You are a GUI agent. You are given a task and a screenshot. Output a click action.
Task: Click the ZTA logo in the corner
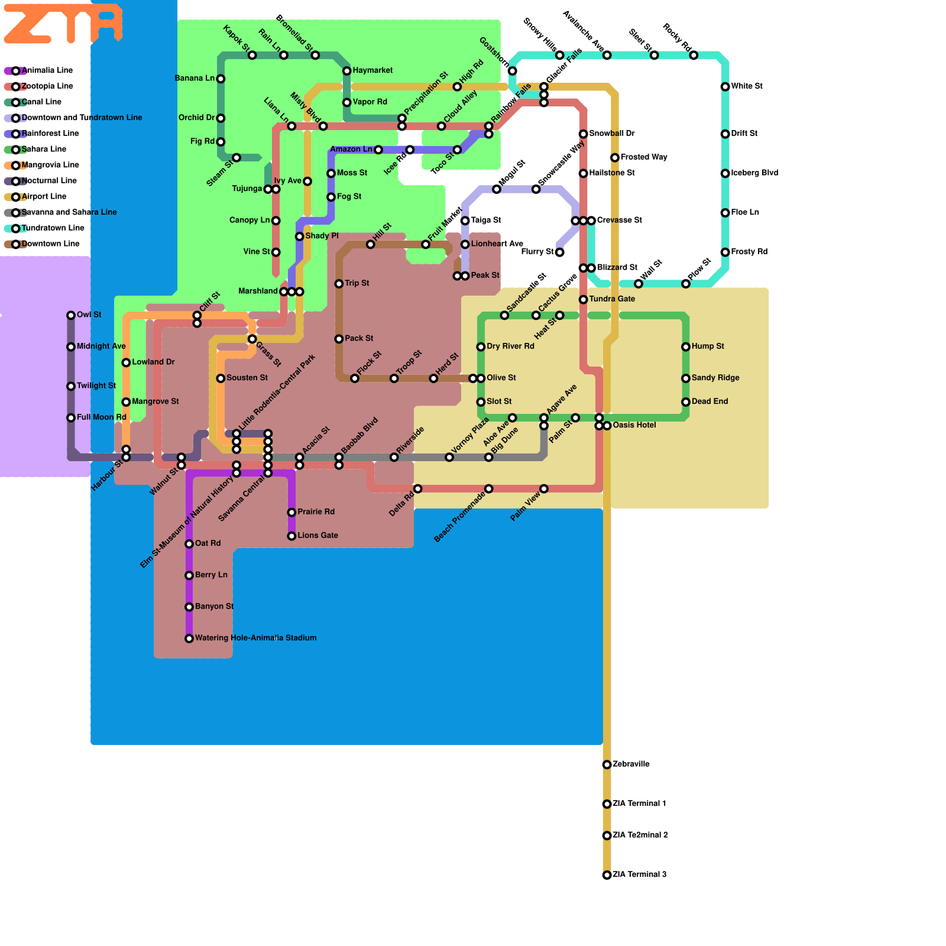tap(63, 24)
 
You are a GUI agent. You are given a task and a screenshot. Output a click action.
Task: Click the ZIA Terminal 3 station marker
tap(607, 875)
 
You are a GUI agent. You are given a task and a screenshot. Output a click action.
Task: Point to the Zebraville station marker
tap(607, 764)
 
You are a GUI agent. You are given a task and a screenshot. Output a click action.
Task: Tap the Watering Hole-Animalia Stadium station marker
tap(189, 639)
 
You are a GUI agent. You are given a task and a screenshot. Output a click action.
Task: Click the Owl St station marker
tap(71, 315)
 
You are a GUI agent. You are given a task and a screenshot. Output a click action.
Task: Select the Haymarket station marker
tap(347, 71)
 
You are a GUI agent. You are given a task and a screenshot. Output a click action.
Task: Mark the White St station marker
tap(725, 86)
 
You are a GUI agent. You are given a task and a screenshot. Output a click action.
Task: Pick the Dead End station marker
tap(686, 402)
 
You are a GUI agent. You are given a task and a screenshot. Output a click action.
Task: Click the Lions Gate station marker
tap(291, 536)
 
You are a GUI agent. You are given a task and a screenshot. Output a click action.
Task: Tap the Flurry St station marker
tap(559, 252)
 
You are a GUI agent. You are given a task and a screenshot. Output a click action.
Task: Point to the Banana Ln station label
tap(195, 78)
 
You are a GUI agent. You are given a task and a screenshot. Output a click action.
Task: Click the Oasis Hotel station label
tap(634, 425)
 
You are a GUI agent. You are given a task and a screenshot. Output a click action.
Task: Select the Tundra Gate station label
tap(612, 299)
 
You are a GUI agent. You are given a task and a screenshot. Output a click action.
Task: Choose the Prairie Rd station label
tap(316, 512)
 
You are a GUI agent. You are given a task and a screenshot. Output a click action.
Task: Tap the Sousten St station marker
tap(221, 378)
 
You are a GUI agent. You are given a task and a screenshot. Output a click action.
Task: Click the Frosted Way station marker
tap(615, 157)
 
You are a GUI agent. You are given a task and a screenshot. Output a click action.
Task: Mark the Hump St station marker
tap(686, 346)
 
